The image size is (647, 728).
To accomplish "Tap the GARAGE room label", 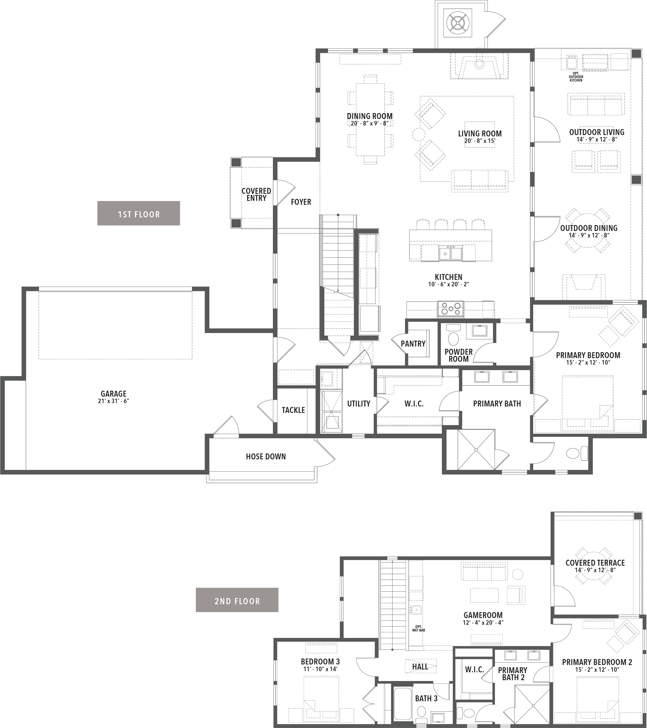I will (x=114, y=394).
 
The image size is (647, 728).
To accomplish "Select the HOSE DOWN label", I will (x=266, y=457).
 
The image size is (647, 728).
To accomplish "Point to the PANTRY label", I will (x=413, y=344).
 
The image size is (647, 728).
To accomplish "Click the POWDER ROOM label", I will (x=458, y=355).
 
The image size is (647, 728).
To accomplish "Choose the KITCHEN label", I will (x=448, y=277).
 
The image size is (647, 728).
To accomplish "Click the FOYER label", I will (x=301, y=202).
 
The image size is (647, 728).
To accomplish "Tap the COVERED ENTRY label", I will (x=256, y=194).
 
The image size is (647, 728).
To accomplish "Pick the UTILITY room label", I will (x=359, y=404).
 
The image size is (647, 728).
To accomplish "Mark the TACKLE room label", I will (x=293, y=410).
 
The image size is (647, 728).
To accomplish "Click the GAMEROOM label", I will (x=483, y=615).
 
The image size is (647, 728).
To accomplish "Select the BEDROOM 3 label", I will (x=320, y=662).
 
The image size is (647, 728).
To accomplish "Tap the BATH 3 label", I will (x=426, y=698).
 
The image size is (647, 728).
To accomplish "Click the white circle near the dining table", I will (x=419, y=135).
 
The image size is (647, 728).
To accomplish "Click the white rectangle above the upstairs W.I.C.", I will (x=474, y=653).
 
